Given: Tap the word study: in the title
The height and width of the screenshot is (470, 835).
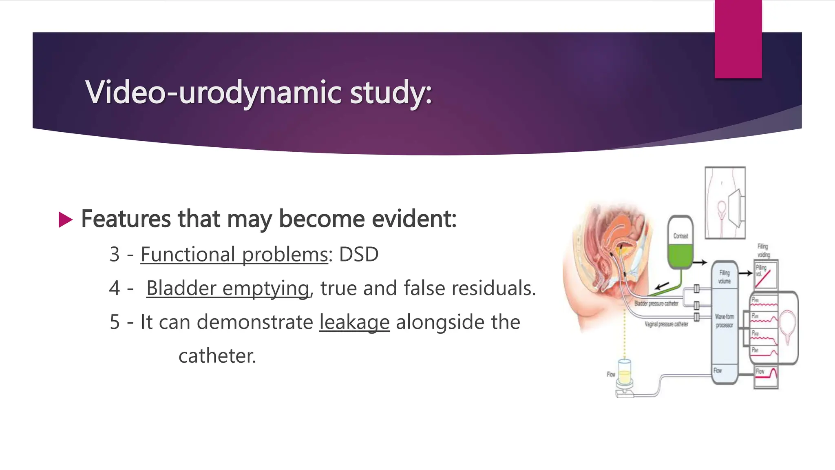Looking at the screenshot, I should point(391,93).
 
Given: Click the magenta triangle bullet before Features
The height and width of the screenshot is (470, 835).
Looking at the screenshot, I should point(65,219).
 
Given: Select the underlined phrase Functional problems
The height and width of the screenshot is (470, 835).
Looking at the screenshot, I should point(234,255).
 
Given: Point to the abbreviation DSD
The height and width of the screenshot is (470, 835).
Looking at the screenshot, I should point(359,255).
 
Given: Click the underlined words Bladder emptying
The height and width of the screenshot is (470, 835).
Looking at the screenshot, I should point(228,288).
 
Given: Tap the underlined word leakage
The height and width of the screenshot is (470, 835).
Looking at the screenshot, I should point(354,322).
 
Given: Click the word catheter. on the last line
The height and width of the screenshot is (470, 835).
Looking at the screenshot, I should point(217,356).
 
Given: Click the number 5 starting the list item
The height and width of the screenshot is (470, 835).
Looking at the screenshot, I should point(115,322).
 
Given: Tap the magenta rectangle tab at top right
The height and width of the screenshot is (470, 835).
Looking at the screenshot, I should point(738,39).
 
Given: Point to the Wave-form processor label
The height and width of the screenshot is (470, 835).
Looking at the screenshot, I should point(724,321).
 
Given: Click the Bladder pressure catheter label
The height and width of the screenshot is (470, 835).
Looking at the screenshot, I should point(656,304).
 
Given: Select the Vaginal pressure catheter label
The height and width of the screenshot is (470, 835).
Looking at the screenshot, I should point(666,324).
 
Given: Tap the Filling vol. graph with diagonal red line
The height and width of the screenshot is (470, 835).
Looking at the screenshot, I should point(766,274).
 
